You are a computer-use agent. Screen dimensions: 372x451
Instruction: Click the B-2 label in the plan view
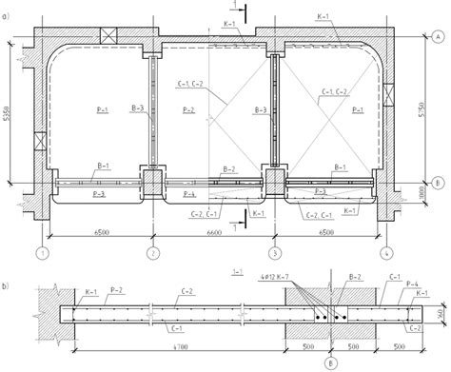[x=228, y=169]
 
